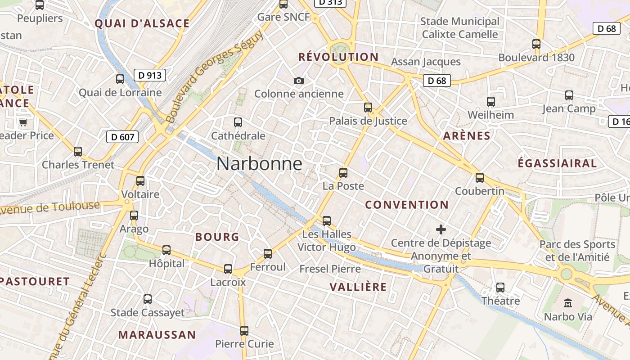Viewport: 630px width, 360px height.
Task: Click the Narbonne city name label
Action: [259, 164]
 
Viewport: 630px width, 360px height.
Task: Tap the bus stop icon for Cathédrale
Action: [238, 122]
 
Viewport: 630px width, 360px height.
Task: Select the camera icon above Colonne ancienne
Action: [298, 81]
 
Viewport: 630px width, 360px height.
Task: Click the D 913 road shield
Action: [150, 75]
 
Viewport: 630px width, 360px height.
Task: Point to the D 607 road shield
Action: [122, 137]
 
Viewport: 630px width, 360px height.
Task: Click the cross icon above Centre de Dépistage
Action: [441, 230]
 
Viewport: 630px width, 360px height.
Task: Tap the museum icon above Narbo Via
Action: [568, 303]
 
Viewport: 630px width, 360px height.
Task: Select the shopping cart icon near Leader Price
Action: [23, 122]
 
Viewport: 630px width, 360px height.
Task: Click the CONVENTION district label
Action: [407, 205]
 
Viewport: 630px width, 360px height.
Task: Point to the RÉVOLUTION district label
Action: [338, 57]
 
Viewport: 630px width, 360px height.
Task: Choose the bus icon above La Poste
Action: [343, 173]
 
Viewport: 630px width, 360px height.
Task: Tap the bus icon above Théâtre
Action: [500, 288]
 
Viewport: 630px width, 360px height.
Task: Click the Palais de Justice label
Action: [368, 121]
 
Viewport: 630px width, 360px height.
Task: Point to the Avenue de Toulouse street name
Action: [49, 208]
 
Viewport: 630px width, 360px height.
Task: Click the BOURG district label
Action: [217, 237]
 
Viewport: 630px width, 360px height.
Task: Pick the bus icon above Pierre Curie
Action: [244, 331]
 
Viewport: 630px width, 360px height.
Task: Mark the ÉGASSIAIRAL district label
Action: [557, 163]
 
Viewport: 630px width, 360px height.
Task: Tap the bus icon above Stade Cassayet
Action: [148, 299]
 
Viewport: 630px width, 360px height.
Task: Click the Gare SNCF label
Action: [283, 17]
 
